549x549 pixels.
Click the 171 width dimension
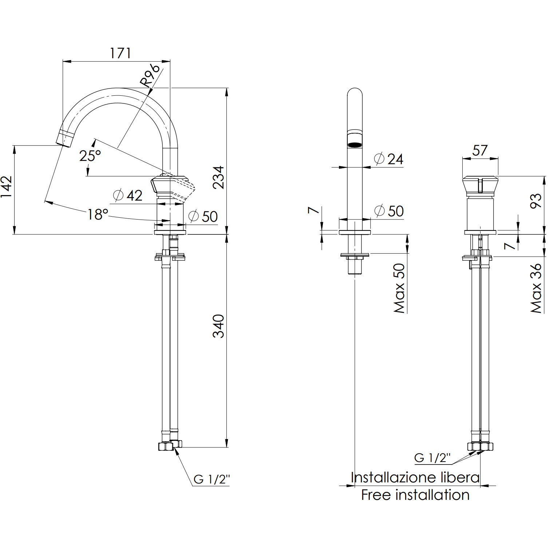point(120,53)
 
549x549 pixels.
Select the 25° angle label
point(90,156)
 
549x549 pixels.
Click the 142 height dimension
point(7,187)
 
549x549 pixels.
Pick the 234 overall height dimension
point(218,177)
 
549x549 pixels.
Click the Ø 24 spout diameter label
point(389,159)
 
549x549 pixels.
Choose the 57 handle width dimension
point(479,150)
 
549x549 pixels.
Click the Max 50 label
point(399,289)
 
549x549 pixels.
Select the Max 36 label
point(536,289)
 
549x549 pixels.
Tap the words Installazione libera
point(415,477)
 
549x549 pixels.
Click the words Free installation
point(415,495)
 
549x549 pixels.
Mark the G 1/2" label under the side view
point(212,479)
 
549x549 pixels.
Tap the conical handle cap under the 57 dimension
point(480,185)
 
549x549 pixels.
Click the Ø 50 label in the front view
point(389,211)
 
